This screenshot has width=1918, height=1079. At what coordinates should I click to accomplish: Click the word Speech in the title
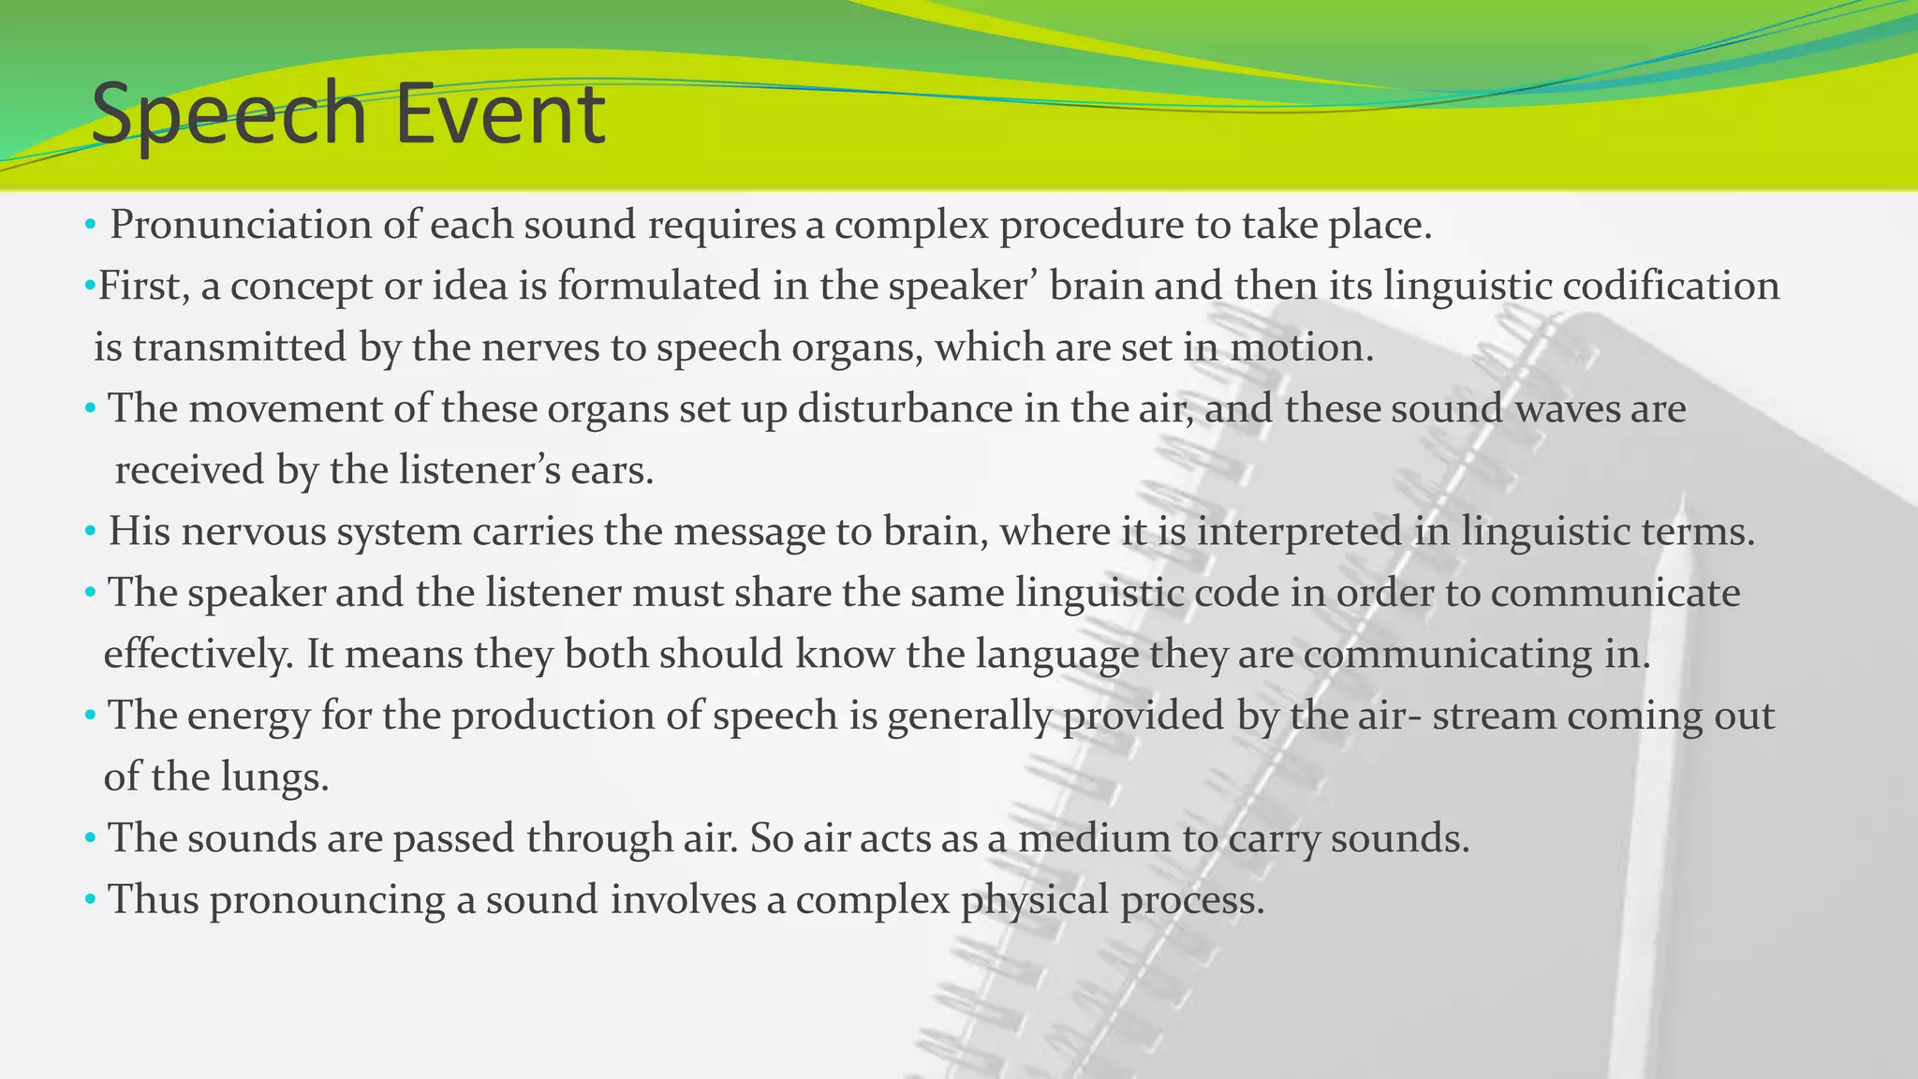pyautogui.click(x=229, y=114)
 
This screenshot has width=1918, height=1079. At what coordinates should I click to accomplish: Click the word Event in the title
pyautogui.click(x=499, y=114)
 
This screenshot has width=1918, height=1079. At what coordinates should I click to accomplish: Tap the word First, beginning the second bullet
pyautogui.click(x=144, y=286)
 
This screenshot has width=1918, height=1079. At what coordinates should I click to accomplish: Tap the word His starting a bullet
pyautogui.click(x=140, y=532)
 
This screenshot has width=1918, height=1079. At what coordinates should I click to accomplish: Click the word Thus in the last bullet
pyautogui.click(x=154, y=899)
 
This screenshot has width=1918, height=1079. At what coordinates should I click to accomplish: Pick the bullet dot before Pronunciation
pyautogui.click(x=90, y=226)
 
